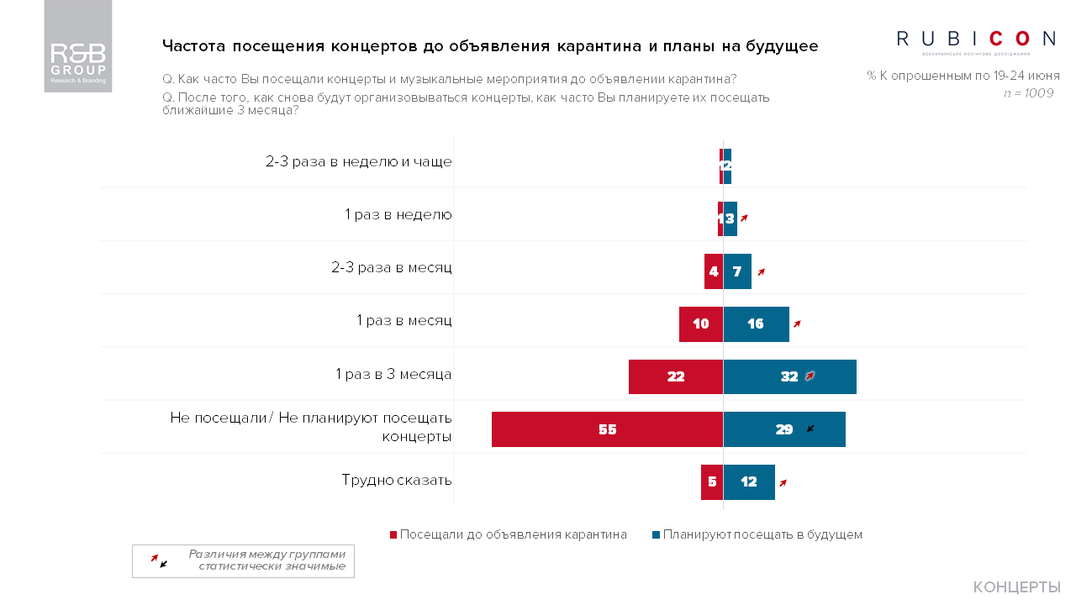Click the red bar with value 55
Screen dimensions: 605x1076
pos(607,429)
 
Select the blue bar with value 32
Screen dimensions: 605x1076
pos(789,376)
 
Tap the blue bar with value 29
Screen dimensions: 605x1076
pos(783,429)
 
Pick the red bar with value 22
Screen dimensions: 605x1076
pos(676,376)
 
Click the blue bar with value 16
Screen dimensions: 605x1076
pos(756,324)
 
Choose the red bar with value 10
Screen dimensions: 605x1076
pos(701,324)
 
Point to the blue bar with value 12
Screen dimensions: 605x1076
pos(749,482)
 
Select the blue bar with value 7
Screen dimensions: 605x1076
pos(737,271)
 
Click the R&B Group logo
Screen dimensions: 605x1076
pos(78,46)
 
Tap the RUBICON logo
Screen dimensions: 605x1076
pos(976,39)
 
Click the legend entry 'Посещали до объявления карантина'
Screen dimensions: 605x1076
pos(509,534)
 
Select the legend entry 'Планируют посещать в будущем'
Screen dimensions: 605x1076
pos(757,534)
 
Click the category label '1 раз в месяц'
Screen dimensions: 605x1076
pos(404,320)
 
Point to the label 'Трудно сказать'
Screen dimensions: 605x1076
pos(397,480)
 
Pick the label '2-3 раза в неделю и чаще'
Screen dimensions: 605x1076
pos(359,161)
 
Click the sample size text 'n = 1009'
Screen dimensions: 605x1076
pos(1028,93)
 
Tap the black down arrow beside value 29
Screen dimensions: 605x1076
pos(810,429)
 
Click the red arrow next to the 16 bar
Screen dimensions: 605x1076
pos(797,324)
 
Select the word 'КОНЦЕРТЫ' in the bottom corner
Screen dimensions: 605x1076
pos(1016,587)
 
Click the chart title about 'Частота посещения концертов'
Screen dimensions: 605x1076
pos(489,45)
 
